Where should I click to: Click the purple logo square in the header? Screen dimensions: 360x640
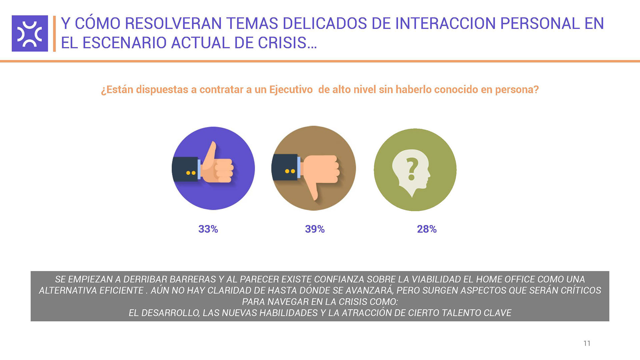coord(30,33)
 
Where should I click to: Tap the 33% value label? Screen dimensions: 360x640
coord(208,229)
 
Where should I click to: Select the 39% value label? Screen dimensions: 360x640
coord(315,229)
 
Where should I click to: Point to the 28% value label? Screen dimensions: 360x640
coord(427,229)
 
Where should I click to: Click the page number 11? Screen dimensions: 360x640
coord(587,343)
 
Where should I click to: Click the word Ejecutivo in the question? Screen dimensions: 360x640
coord(291,90)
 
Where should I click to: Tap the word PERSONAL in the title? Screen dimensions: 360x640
coord(540,23)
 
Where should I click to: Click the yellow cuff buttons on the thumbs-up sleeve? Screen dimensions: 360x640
coord(191,173)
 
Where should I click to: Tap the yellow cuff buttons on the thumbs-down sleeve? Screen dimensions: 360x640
coord(290,171)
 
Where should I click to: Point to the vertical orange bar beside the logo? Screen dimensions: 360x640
coord(54,33)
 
